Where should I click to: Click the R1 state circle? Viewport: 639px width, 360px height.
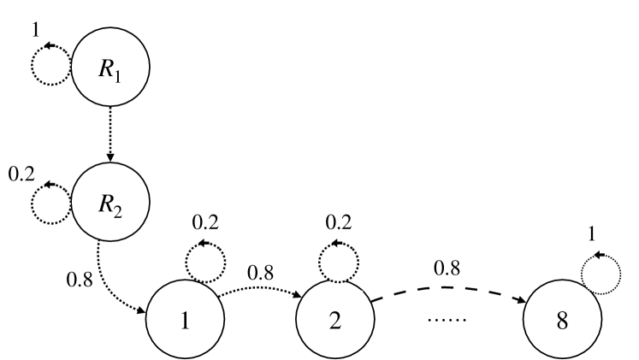109,68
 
